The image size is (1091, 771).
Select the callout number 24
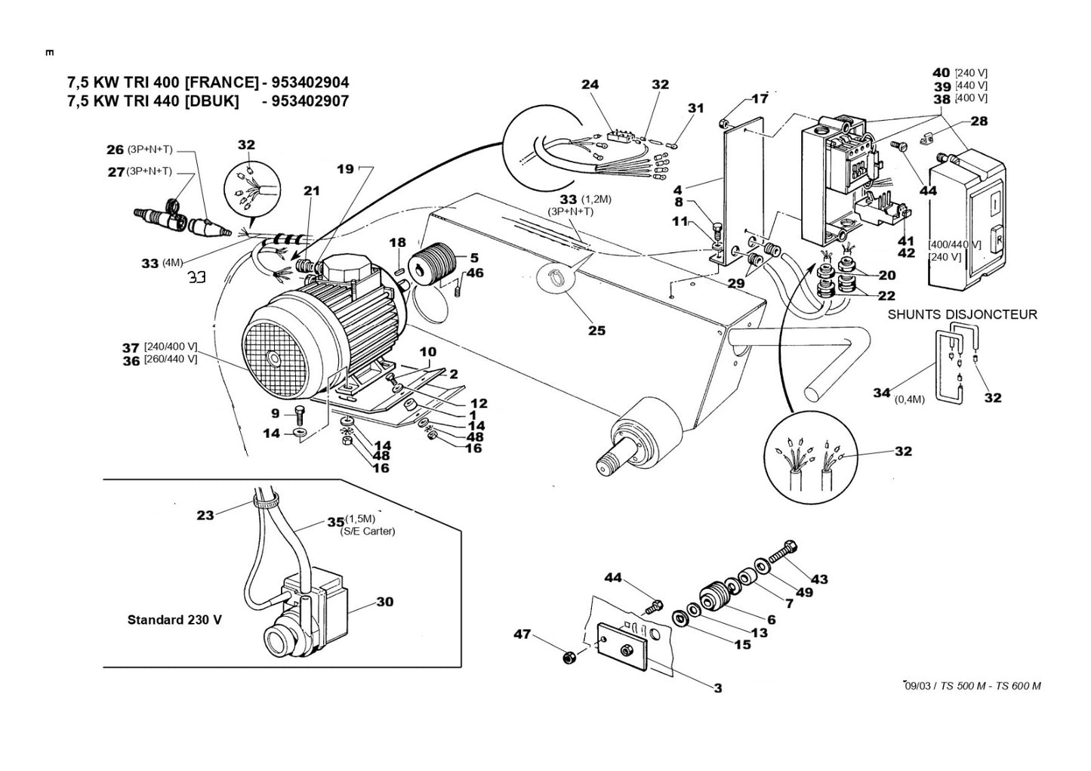[x=590, y=85]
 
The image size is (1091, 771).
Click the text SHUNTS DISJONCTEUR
[x=962, y=315]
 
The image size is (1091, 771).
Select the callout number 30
[x=385, y=603]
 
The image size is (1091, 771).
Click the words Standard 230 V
[x=174, y=620]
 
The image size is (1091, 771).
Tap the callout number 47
[x=522, y=634]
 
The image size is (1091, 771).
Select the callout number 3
[x=717, y=688]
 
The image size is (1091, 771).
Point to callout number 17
[x=760, y=98]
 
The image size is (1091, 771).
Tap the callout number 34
[x=882, y=392]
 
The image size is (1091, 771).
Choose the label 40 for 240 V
[x=941, y=72]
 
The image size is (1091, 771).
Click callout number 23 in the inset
[x=205, y=515]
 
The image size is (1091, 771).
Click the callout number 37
[x=131, y=347]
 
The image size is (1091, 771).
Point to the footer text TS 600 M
[x=1019, y=686]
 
